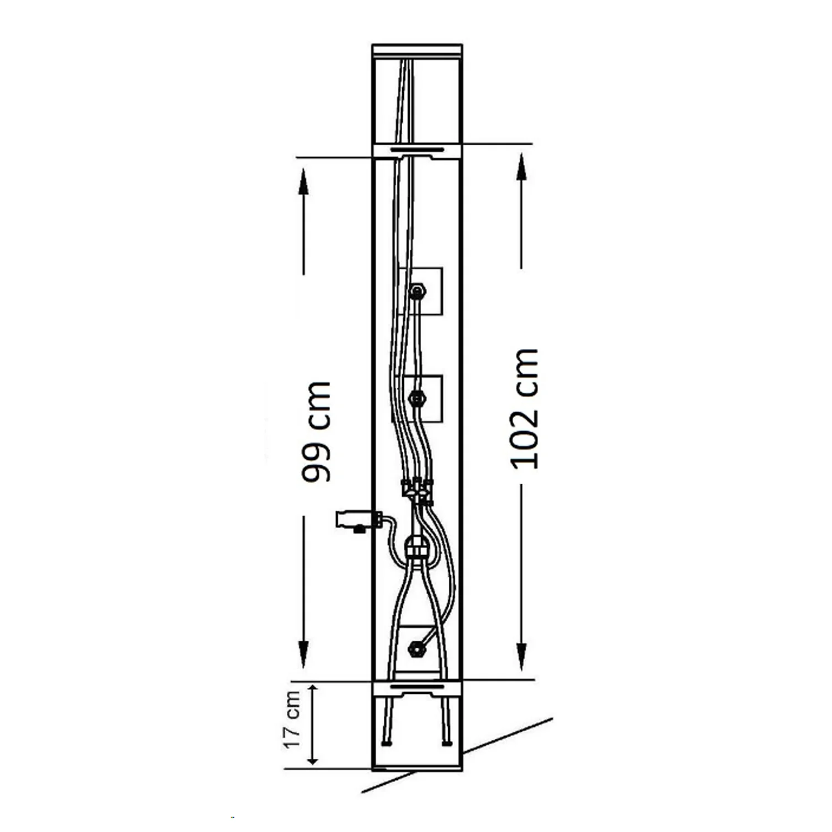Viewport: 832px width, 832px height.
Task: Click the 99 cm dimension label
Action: coord(317,431)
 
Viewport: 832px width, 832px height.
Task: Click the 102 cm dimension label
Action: coord(524,409)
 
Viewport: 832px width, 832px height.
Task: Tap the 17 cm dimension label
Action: coord(292,719)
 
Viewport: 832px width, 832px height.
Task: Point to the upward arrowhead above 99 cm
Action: coord(303,181)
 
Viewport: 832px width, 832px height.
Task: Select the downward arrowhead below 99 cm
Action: coord(303,655)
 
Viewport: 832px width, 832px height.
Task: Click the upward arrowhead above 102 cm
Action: coord(521,166)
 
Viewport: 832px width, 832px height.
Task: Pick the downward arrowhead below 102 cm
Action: coord(521,657)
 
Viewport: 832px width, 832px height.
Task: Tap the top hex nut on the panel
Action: coord(417,291)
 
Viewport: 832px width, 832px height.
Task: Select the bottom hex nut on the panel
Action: coord(415,648)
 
